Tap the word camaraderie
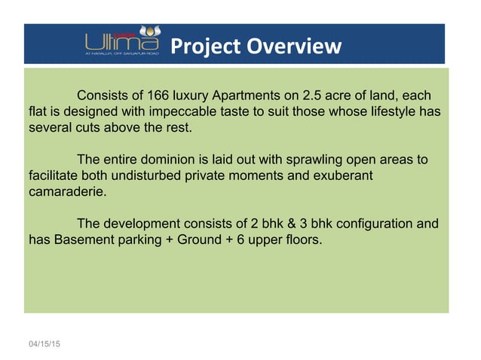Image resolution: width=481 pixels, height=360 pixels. click(x=65, y=192)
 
